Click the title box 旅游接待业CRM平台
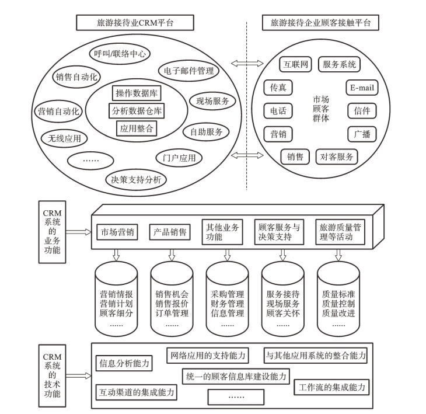(x=135, y=23)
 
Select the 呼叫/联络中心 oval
(x=121, y=54)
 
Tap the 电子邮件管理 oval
(x=188, y=71)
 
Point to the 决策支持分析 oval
(x=136, y=179)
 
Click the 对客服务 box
(x=337, y=156)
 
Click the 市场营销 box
(x=117, y=232)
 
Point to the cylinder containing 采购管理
(x=228, y=297)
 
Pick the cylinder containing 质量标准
(x=338, y=297)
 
